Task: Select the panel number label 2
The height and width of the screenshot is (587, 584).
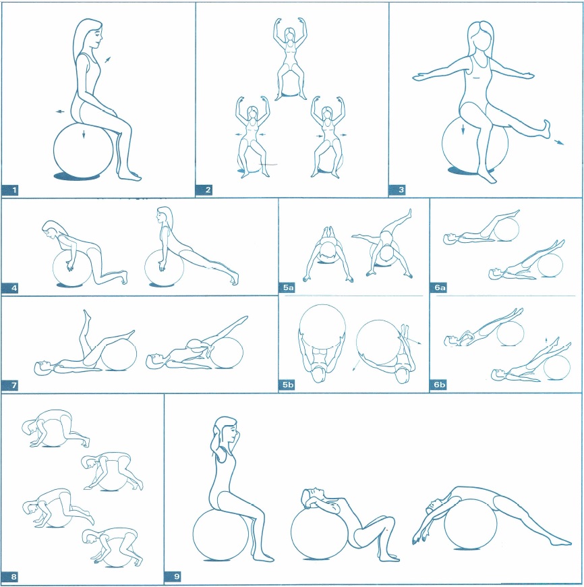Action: pyautogui.click(x=204, y=190)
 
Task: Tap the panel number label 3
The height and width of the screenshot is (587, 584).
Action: pyautogui.click(x=397, y=190)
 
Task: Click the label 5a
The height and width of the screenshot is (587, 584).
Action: pyautogui.click(x=287, y=287)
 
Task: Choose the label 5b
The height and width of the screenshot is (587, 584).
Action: pyautogui.click(x=287, y=385)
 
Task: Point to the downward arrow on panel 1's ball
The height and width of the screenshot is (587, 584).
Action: pyautogui.click(x=84, y=134)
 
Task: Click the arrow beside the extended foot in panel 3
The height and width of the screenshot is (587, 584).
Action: pyautogui.click(x=558, y=141)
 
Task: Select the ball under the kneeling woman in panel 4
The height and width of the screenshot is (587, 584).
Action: pyautogui.click(x=71, y=267)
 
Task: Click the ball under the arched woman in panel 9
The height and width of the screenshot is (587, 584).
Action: pyautogui.click(x=470, y=524)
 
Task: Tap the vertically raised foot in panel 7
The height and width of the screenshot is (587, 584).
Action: pyautogui.click(x=86, y=318)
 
